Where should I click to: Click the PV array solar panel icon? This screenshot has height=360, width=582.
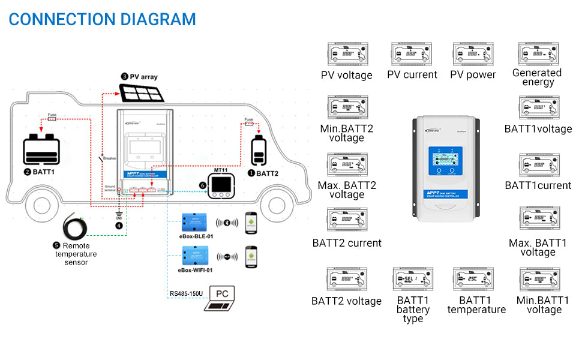pyautogui.click(x=142, y=93)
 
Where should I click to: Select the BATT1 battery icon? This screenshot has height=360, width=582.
pyautogui.click(x=41, y=150)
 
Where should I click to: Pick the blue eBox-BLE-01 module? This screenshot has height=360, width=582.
pyautogui.click(x=195, y=223)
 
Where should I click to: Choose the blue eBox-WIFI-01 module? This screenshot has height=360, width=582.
pyautogui.click(x=195, y=257)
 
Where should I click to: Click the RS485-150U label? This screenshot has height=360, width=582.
pyautogui.click(x=186, y=294)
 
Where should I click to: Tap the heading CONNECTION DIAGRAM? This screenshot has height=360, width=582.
pyautogui.click(x=103, y=19)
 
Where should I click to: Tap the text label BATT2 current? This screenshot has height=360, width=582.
pyautogui.click(x=347, y=243)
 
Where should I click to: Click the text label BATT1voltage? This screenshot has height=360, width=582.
pyautogui.click(x=538, y=129)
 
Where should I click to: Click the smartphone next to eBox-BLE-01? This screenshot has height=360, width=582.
pyautogui.click(x=250, y=223)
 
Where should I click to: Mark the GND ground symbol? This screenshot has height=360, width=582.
pyautogui.click(x=119, y=215)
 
